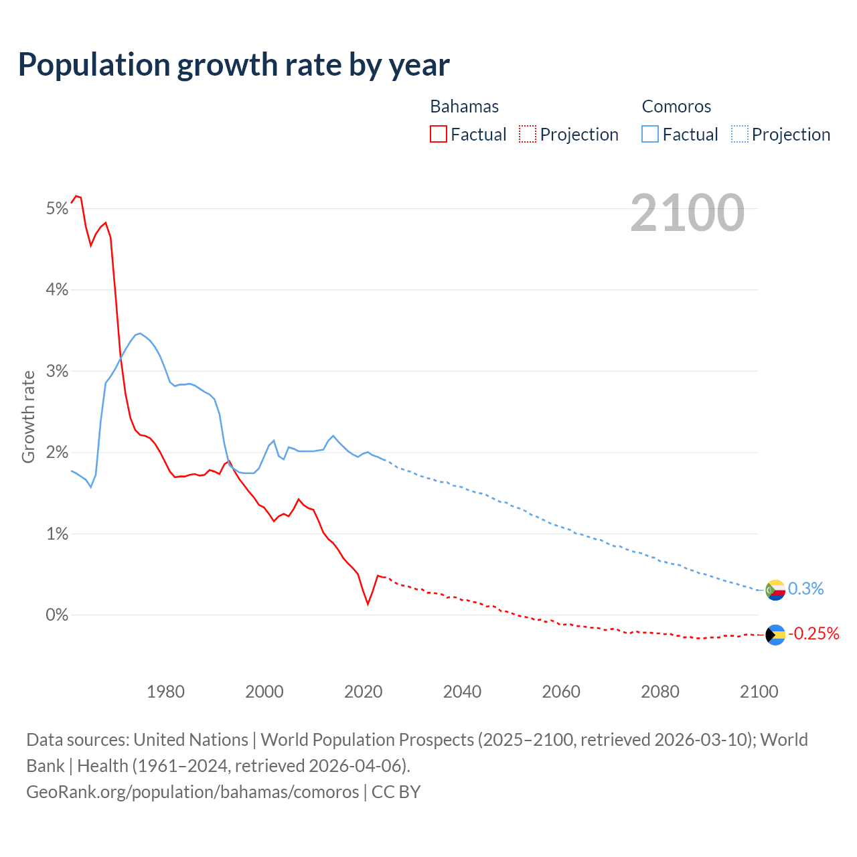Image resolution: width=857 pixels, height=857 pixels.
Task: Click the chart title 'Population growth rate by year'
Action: point(234,65)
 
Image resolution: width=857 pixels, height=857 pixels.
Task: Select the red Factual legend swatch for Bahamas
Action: point(439,135)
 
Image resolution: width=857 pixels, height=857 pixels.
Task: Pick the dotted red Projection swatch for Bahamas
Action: point(528,135)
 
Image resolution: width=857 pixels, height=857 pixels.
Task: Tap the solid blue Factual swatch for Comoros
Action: point(650,135)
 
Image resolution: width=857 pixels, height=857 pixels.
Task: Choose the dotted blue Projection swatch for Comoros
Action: point(739,135)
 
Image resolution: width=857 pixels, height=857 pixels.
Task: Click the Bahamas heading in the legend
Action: point(464,106)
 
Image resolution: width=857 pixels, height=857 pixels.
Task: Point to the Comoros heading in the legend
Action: point(676,106)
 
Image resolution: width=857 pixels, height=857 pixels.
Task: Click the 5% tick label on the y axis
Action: point(58,209)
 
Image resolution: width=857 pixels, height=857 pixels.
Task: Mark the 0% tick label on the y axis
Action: point(58,615)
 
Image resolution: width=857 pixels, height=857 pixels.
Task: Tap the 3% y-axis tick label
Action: point(58,371)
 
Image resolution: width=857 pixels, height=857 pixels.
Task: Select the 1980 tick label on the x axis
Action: point(165,692)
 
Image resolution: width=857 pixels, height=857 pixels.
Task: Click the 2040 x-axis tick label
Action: point(462,692)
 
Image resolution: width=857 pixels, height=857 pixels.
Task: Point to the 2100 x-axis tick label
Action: point(759,692)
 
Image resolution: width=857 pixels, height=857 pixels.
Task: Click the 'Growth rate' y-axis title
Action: point(28,416)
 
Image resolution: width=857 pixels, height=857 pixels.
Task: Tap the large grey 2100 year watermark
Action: point(687,213)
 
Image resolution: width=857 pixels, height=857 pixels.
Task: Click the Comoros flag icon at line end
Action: point(775,590)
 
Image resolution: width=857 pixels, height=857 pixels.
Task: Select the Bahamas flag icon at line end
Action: point(775,635)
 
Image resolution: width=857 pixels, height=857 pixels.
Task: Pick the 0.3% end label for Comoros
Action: point(805,589)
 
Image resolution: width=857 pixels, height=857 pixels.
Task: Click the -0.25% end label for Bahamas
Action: point(813,633)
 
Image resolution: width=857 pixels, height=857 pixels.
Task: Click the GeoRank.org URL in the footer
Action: point(193,792)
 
